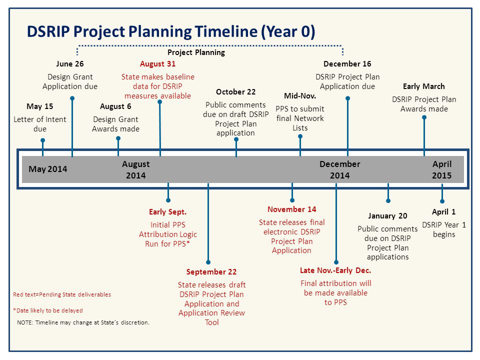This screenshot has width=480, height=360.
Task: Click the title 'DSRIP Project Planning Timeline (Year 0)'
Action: [171, 32]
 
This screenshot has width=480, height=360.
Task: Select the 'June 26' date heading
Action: [70, 64]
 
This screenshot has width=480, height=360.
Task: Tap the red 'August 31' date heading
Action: [157, 64]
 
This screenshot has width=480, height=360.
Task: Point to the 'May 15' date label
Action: [40, 106]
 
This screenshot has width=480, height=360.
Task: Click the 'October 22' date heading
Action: [235, 92]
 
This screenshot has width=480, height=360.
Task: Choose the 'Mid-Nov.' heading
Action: [300, 96]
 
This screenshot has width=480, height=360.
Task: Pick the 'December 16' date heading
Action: [347, 64]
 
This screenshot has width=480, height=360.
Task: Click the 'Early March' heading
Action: [424, 86]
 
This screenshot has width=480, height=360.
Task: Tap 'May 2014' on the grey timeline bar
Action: [48, 169]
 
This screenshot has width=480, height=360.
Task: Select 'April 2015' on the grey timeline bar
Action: [441, 169]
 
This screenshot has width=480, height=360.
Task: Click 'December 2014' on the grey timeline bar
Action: [340, 169]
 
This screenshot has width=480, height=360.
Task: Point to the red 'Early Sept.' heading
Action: [168, 212]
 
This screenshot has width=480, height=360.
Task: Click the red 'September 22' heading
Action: [211, 272]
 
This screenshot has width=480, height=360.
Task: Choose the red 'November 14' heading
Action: [291, 209]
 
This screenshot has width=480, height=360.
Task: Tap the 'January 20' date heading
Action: [387, 216]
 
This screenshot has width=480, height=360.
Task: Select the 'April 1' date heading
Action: [443, 212]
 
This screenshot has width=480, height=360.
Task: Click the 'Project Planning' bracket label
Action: [196, 52]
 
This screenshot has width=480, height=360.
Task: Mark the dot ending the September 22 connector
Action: [208, 262]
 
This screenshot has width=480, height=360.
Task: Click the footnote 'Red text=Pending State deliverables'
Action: [62, 294]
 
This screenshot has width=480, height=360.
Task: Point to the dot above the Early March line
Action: [424, 117]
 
